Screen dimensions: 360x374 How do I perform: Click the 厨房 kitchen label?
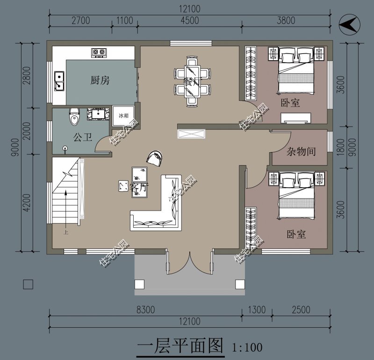100,80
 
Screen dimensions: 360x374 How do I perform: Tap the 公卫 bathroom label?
82,137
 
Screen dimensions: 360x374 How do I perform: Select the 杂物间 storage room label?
301,151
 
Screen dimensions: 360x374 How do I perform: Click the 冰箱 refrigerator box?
123,115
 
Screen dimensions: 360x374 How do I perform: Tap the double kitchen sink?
59,80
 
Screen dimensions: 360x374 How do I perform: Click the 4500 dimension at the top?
189,20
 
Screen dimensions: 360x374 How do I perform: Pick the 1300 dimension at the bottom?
257,310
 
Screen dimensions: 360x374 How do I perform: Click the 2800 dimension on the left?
26,75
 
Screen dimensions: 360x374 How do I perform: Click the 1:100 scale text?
247,347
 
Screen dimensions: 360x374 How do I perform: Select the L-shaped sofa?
161,205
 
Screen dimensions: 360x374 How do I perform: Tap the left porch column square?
140,284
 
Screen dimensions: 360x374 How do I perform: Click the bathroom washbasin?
98,114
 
